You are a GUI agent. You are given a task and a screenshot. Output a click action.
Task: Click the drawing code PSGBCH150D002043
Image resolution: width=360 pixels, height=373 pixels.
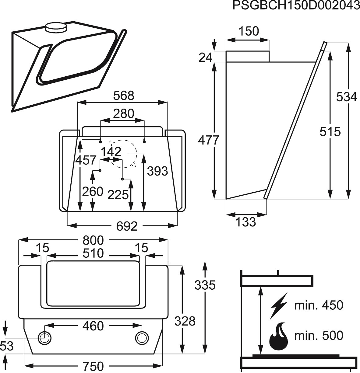tap(296, 5)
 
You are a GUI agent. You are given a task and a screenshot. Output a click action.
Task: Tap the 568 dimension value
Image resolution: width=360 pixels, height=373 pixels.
tap(124, 96)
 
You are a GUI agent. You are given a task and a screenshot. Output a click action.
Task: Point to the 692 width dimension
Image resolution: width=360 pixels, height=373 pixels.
tap(127, 226)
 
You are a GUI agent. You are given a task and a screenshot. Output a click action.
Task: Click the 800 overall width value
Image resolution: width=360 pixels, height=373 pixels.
tap(93, 240)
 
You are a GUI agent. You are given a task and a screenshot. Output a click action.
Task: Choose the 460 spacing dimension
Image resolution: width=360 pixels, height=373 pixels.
tap(93, 326)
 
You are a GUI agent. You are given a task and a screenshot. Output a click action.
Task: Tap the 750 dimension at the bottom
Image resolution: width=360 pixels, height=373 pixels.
tap(93, 366)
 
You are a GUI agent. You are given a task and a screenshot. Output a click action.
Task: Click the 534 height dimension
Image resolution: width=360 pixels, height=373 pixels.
tap(346, 97)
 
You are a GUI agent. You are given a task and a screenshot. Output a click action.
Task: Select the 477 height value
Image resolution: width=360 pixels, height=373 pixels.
tap(208, 140)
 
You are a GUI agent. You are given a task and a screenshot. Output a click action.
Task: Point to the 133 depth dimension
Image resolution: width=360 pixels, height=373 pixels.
tap(245, 222)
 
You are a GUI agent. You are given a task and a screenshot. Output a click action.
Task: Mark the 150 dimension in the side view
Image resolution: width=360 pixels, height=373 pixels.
tap(249, 31)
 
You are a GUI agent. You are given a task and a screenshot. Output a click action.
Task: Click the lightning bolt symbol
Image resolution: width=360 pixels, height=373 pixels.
tap(279, 306)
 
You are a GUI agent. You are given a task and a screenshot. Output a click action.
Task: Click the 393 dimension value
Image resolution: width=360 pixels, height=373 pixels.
tap(157, 171)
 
